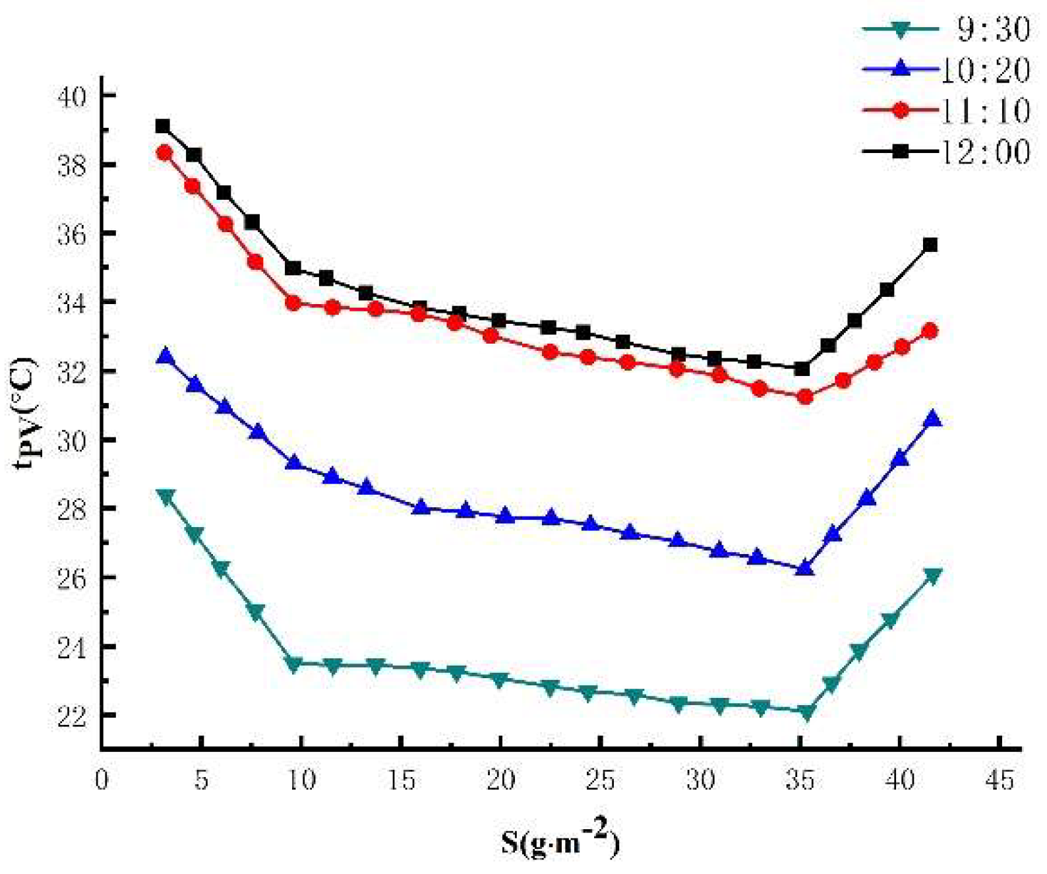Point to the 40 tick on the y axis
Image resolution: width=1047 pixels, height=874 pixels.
tap(72, 96)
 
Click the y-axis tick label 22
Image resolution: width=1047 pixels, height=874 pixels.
tap(72, 716)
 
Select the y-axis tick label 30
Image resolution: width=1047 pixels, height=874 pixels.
tap(72, 441)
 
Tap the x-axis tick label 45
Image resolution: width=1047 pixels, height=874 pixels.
tap(1000, 780)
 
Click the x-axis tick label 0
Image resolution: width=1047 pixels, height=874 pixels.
tap(102, 780)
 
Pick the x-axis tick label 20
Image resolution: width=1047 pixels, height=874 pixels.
tap(500, 780)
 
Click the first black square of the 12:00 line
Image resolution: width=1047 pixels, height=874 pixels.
tap(163, 126)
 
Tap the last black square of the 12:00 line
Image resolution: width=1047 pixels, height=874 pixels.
tap(930, 245)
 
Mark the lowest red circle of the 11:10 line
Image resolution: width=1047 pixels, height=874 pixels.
tap(805, 397)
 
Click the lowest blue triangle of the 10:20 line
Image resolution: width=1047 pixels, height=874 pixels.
tap(805, 568)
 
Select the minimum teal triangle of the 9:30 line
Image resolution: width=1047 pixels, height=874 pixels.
tap(806, 712)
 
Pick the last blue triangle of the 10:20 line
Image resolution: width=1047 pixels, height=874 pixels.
tap(932, 419)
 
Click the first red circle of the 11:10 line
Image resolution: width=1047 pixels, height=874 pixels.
tap(164, 153)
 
